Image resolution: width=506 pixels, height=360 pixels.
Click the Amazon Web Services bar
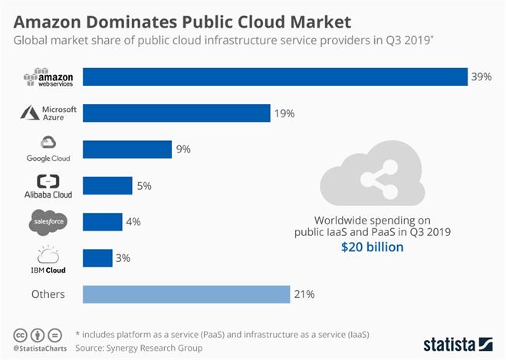coord(274,77)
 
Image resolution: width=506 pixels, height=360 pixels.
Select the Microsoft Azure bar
coord(176,113)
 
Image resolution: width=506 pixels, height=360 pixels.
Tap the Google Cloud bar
coord(127,149)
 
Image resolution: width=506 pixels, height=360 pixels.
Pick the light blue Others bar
coord(186,294)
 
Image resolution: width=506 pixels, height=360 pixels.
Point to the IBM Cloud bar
coord(97,258)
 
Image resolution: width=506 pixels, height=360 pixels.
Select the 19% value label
coord(284,113)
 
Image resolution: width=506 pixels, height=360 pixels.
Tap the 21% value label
coord(304,294)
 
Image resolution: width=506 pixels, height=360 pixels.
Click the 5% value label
coord(144,185)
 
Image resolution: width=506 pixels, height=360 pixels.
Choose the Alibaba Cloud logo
coord(48,186)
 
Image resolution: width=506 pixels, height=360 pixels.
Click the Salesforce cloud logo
coord(48,221)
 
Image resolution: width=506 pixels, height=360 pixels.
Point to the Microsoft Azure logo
coord(49,113)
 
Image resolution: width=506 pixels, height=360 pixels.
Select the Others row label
coord(48,294)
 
